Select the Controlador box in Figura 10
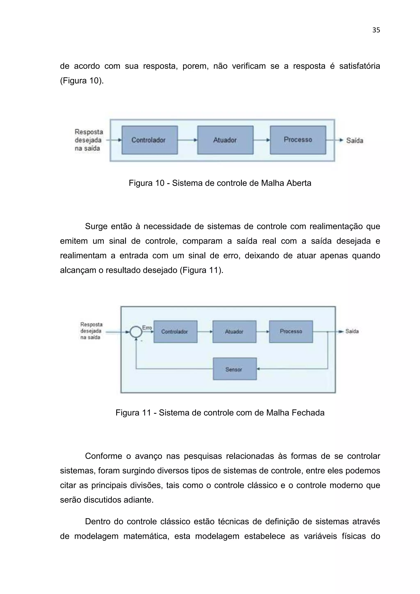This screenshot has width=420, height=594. coord(150,140)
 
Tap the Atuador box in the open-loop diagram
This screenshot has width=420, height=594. coord(225,140)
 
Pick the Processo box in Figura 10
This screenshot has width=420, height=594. coord(298,140)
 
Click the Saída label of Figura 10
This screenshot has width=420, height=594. coord(355,141)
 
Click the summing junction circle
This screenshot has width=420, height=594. coord(136,332)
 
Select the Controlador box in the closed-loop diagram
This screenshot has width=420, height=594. coord(175,332)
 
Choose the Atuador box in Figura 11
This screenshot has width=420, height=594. coord(234,332)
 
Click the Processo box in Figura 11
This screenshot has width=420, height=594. coord(291,332)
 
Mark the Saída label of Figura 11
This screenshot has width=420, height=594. coord(352,331)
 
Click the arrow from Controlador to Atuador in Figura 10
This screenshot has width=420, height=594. coord(187,140)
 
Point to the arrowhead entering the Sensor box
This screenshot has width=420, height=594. coord(258,369)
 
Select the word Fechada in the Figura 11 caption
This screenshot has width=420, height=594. coord(308,413)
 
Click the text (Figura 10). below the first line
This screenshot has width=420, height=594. coord(82,81)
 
